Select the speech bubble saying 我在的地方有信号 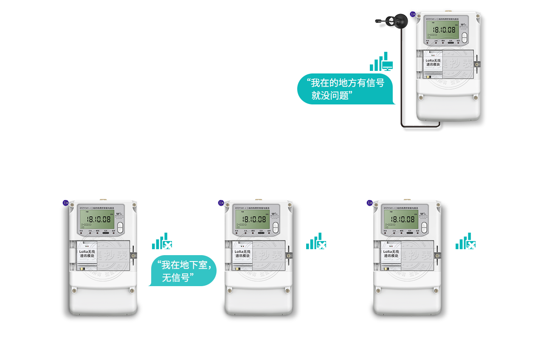346,89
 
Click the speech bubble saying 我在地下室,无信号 182,271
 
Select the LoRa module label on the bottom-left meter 87,254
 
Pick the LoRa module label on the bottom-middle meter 243,254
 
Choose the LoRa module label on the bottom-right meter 391,254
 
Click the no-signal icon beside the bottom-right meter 466,241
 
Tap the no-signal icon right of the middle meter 317,241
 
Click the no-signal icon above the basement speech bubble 163,241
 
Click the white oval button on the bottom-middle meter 275,228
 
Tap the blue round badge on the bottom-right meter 370,203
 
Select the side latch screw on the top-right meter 478,64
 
